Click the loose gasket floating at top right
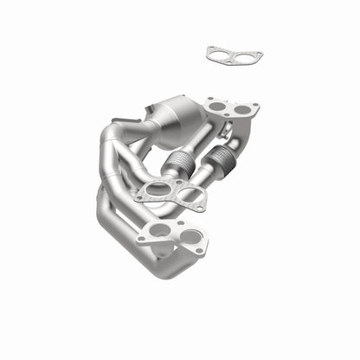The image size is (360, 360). (235, 55)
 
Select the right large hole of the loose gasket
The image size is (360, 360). (245, 57)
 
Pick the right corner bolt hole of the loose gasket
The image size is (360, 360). (258, 58)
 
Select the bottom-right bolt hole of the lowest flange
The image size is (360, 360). (200, 249)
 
